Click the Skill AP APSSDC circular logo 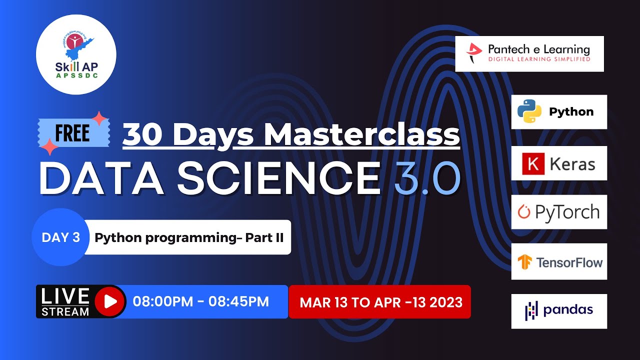(76, 54)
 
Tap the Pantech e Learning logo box (529, 53)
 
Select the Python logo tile (558, 112)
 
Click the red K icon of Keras (532, 163)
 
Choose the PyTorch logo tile (558, 212)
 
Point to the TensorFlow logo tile (558, 261)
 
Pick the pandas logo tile (558, 311)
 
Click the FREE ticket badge (73, 133)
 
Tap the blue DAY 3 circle (60, 237)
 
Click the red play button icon (109, 301)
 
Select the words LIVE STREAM (65, 302)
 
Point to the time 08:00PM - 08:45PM (200, 301)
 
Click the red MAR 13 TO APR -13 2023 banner (380, 302)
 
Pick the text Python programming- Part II (189, 237)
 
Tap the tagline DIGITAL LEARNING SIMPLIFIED (532, 59)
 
